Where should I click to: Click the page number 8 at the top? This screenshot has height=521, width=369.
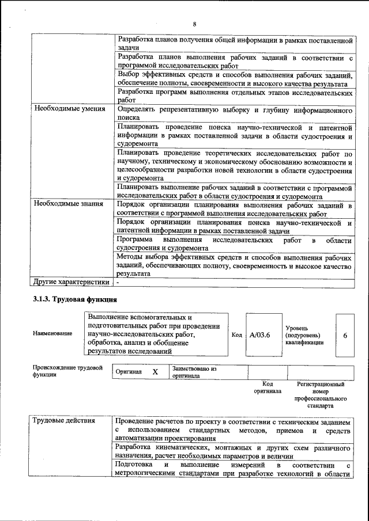(194, 24)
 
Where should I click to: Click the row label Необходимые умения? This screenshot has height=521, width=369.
(69, 109)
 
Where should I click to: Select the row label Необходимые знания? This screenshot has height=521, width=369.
(68, 203)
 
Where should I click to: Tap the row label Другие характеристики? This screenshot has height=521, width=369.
(70, 282)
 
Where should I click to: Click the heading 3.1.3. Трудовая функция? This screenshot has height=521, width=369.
(75, 299)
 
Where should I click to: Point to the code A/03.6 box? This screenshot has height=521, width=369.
(260, 334)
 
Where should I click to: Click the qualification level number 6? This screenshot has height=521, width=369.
(344, 334)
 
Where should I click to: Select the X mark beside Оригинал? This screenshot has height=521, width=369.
(155, 372)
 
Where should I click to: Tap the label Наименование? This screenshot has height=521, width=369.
(52, 333)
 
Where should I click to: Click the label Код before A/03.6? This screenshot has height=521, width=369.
(236, 334)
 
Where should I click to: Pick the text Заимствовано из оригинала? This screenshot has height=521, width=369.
(194, 372)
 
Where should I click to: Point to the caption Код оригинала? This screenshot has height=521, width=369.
(268, 387)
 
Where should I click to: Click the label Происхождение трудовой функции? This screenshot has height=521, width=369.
(67, 370)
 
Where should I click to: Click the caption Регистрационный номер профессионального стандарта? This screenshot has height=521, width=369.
(321, 394)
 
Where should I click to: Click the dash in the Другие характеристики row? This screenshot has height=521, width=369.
(118, 282)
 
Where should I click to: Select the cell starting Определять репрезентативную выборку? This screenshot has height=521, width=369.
(234, 113)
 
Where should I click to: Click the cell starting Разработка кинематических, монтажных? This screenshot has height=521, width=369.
(234, 451)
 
